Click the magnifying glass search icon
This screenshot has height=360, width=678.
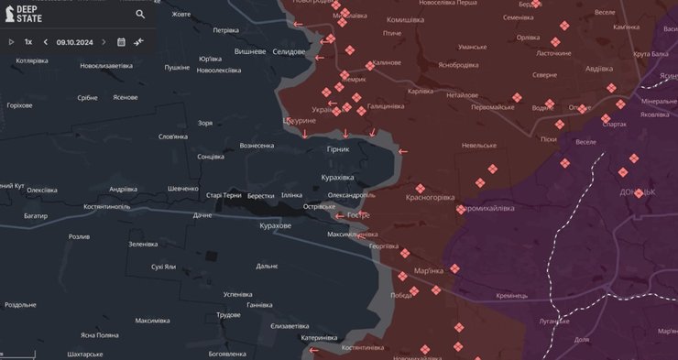(140, 14)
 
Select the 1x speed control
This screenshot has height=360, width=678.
(28, 42)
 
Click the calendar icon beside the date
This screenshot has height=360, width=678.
(121, 42)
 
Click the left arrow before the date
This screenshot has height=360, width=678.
(46, 42)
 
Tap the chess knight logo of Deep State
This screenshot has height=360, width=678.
(8, 14)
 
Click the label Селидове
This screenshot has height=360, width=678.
(289, 51)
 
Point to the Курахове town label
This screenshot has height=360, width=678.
(275, 225)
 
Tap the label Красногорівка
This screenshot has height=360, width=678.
(430, 197)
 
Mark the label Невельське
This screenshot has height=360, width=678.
(479, 145)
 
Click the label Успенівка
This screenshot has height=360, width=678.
(237, 294)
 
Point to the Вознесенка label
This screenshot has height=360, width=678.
(257, 146)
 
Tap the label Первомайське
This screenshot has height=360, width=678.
(493, 107)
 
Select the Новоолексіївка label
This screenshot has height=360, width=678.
(219, 71)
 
